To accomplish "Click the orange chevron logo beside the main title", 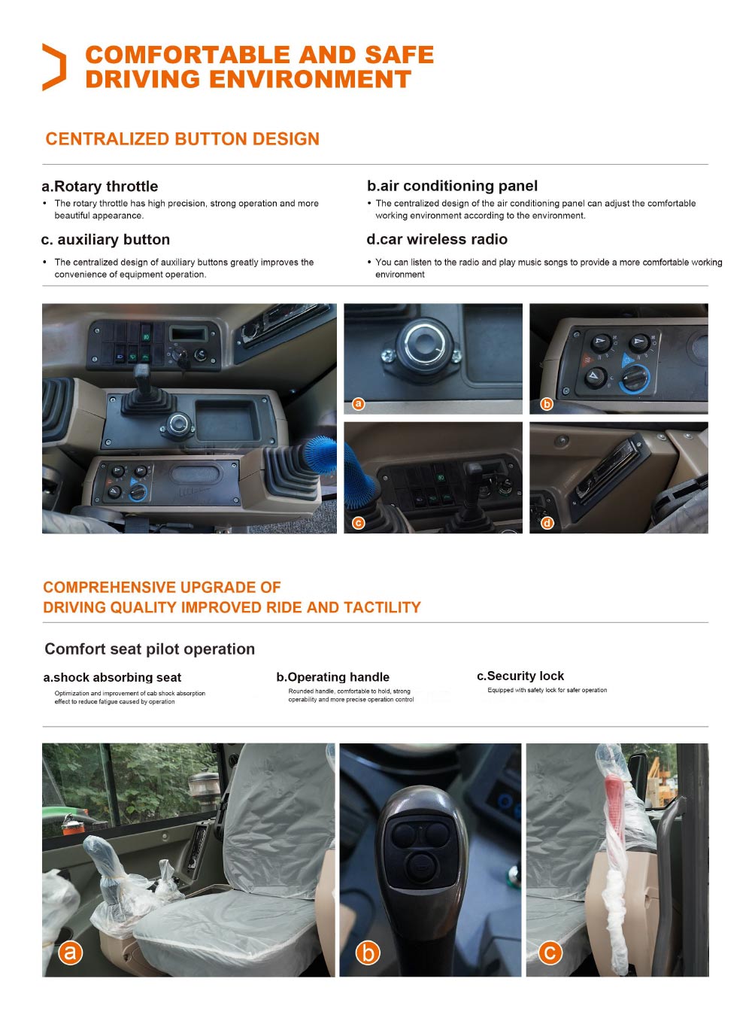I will coord(53,67).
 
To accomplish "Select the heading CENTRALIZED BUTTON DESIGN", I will coord(182,139).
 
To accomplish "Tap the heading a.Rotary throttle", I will coord(100,187).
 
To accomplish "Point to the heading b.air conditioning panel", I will coord(452,186).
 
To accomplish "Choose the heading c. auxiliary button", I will coord(105,240).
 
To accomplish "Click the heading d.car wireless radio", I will coord(437,239).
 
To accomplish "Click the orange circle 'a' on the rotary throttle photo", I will coord(359,404).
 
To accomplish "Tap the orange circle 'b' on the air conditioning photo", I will coord(547,404).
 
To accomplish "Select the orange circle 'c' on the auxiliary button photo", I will coord(359,523).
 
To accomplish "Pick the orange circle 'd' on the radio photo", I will coord(547,523).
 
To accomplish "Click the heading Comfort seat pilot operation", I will coord(150,649).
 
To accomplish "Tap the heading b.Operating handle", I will coord(332,677).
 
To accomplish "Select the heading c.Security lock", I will coord(520,676).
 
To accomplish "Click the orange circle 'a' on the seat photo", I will coord(70,953).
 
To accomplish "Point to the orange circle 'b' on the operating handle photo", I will coord(368,953).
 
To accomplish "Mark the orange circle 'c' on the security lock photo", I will coord(550,953).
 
